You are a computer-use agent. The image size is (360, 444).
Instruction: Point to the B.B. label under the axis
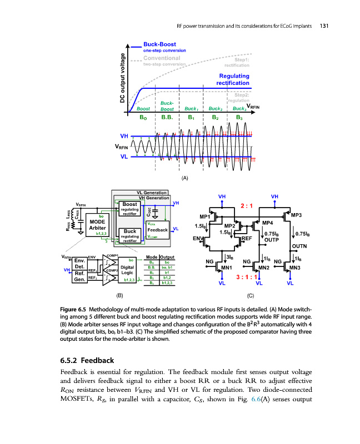click(x=167, y=118)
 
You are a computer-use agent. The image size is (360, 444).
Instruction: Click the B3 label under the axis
click(x=239, y=118)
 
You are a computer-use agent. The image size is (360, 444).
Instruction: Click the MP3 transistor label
click(x=296, y=215)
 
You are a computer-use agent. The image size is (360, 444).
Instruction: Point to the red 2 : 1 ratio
click(x=247, y=205)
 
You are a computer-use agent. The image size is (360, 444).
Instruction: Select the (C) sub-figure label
click(x=251, y=295)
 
